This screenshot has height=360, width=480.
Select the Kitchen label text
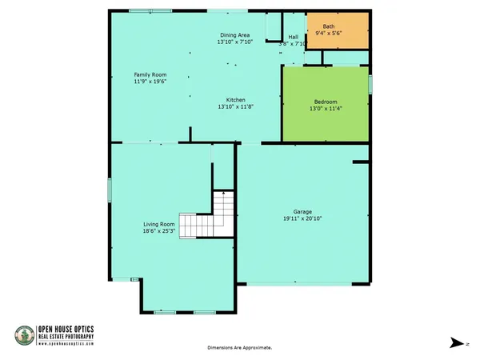pos(235,99)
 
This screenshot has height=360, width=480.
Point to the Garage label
pos(302,212)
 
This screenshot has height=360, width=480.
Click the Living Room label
pos(159,224)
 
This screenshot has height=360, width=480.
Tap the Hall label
pos(293,37)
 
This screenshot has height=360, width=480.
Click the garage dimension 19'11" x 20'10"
pos(302,218)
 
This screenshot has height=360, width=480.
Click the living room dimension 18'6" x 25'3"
pos(159,231)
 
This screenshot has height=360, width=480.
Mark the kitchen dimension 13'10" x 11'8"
pos(235,106)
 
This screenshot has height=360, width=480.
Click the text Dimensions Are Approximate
pos(240,348)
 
